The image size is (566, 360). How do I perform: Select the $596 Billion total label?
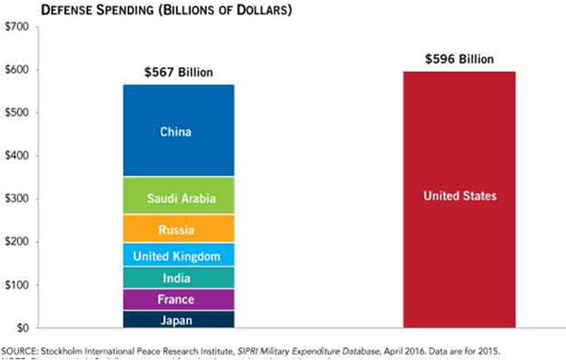459,60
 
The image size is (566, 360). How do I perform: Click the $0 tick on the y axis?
22,328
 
